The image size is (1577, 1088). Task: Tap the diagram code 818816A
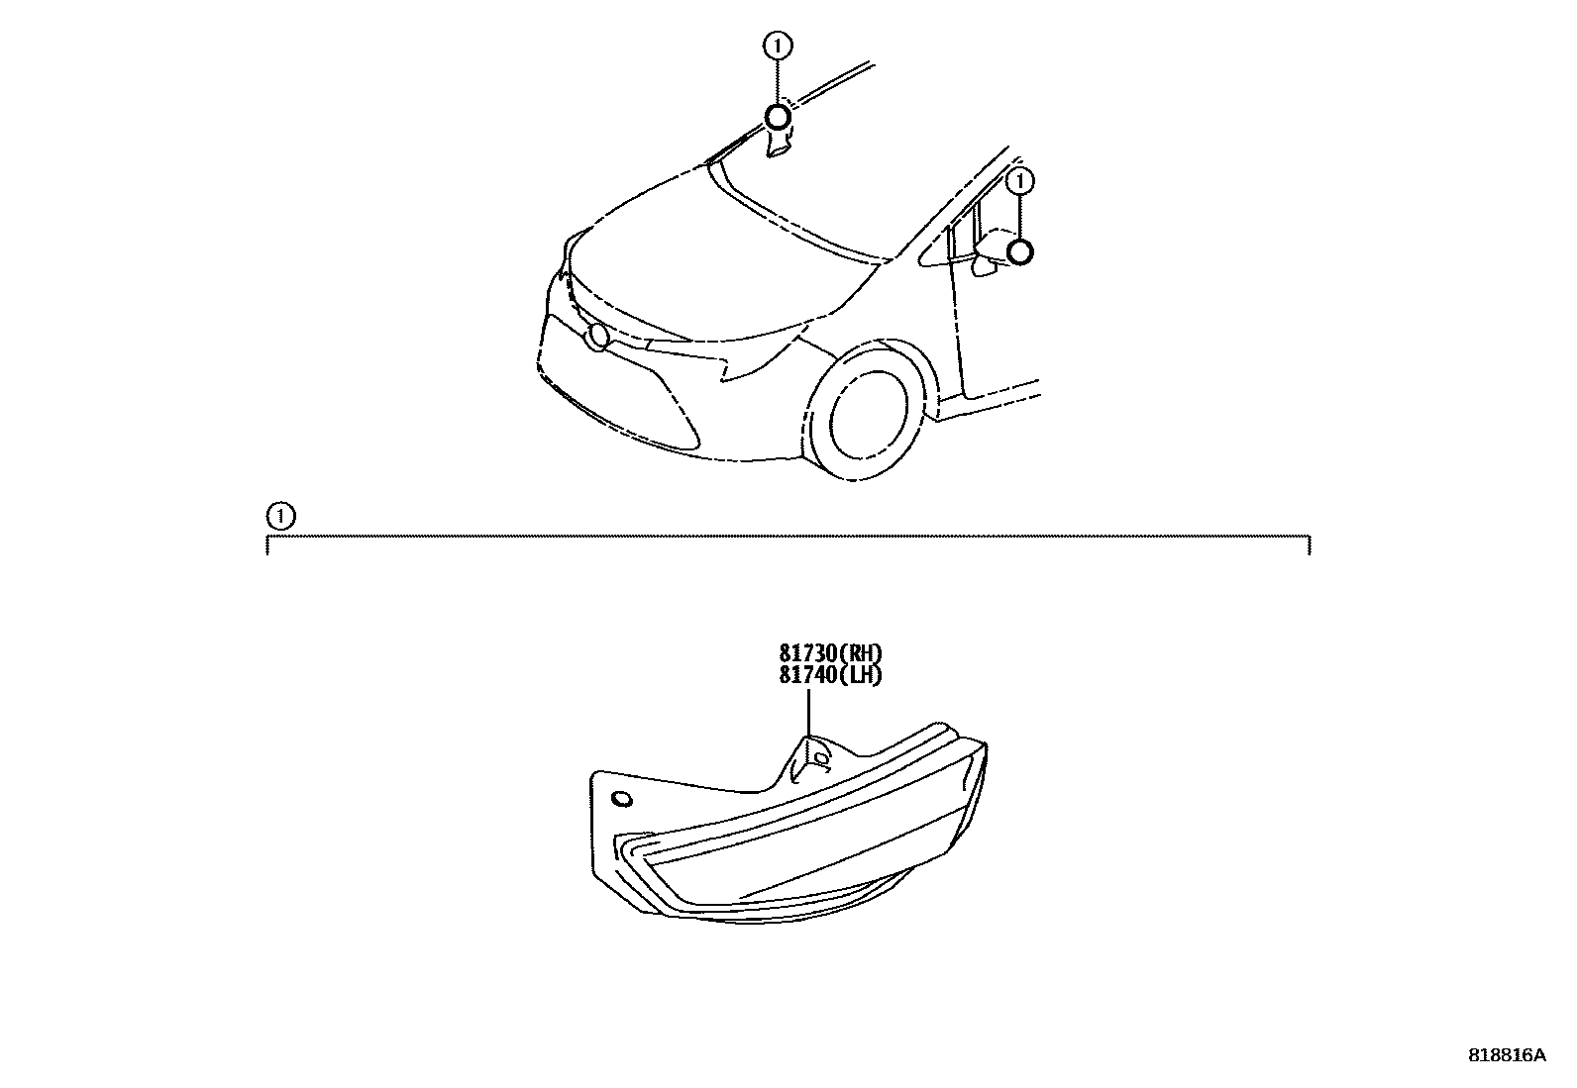click(1506, 1055)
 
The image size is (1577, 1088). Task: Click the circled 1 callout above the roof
click(778, 45)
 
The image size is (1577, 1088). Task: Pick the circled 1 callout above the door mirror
click(1020, 181)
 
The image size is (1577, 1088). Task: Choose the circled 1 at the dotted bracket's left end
click(280, 516)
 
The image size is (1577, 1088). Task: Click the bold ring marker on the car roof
click(778, 118)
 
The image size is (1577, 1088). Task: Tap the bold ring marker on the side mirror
click(1020, 252)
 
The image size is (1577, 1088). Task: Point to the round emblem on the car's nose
click(597, 337)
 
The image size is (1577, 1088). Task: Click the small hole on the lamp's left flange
click(621, 799)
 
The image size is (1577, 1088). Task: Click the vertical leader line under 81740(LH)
click(808, 713)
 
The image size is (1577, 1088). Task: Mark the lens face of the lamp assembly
click(792, 861)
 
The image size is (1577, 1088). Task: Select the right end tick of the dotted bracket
click(1310, 544)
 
